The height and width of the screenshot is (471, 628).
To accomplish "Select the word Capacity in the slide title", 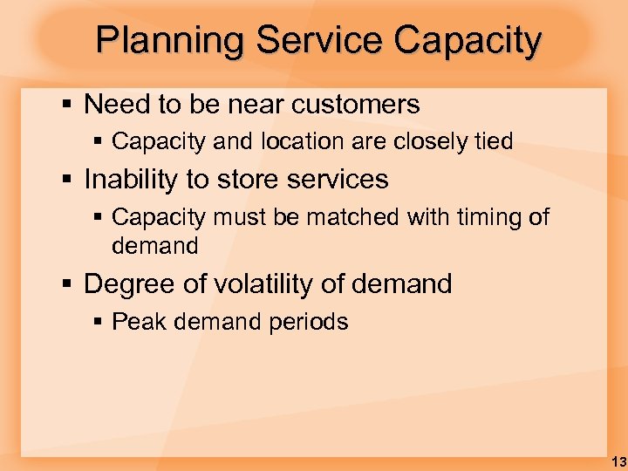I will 468,41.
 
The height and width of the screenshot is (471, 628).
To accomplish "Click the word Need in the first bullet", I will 117,105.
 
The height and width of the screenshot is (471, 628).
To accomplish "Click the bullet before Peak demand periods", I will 99,323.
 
